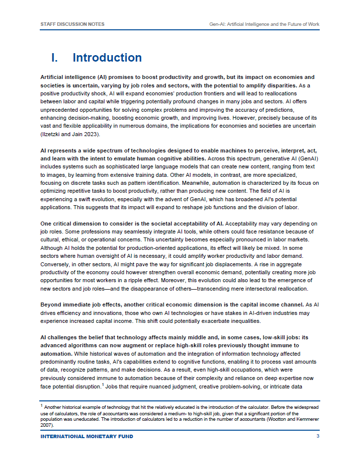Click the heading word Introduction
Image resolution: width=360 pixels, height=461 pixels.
click(107, 58)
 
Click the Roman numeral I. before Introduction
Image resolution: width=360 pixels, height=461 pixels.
click(56, 58)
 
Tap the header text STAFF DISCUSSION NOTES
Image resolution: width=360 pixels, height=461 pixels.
click(72, 24)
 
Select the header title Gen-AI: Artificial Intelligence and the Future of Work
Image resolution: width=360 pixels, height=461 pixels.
click(265, 24)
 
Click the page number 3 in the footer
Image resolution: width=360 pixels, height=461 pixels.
click(317, 436)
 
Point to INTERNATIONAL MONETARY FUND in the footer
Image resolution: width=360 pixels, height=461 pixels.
click(87, 436)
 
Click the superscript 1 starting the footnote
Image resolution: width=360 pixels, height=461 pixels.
click(41, 406)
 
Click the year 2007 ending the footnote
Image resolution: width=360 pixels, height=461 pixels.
click(47, 425)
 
